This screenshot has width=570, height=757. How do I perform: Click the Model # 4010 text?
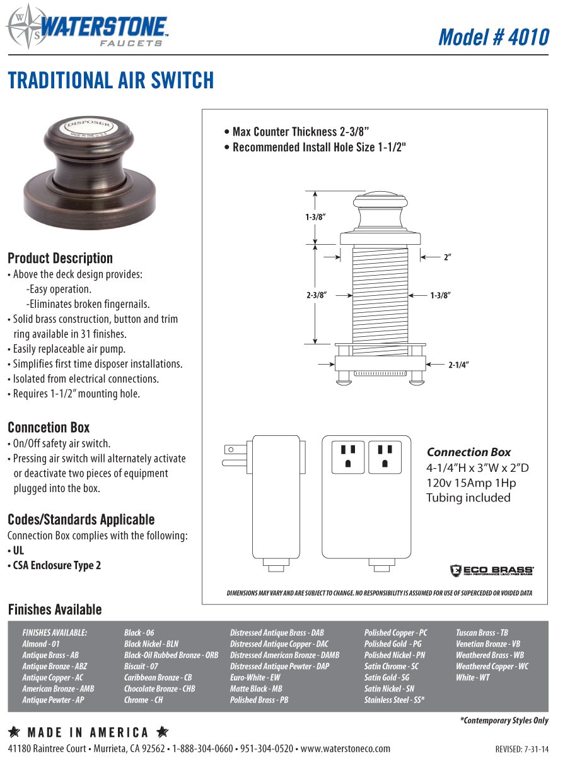point(493,37)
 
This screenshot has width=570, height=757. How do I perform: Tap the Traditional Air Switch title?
point(111,81)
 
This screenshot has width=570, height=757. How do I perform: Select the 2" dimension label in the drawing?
point(448,257)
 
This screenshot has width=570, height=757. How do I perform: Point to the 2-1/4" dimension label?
point(458,365)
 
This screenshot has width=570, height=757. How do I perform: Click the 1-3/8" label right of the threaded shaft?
point(441,295)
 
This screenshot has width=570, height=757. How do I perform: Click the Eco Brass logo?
point(492,570)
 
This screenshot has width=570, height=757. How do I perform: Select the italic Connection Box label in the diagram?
point(468,452)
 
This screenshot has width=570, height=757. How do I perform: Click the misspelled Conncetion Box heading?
point(49,428)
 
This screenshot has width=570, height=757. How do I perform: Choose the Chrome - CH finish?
point(143,700)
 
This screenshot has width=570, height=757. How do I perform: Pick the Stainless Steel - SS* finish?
point(394,700)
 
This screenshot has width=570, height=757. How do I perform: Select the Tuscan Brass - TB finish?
point(482,633)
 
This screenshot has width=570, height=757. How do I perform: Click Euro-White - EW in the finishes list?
point(255,678)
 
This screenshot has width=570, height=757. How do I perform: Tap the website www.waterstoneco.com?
point(346,748)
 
